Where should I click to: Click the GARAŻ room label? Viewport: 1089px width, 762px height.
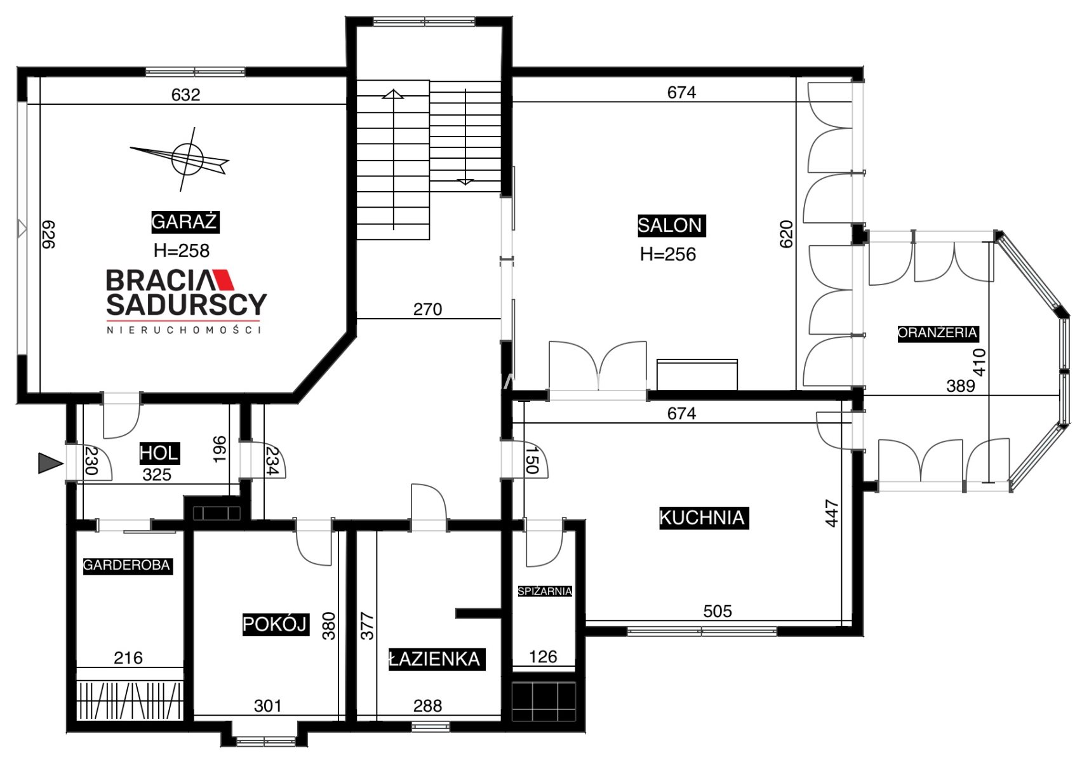click(185, 222)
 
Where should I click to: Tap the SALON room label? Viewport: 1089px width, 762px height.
click(670, 225)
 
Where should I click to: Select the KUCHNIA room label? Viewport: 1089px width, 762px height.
click(702, 518)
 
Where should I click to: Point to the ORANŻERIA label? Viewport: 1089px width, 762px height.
click(937, 333)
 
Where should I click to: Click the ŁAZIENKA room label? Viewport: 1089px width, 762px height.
click(436, 659)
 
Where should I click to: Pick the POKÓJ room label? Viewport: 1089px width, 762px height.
click(275, 624)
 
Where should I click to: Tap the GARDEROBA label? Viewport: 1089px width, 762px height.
click(127, 565)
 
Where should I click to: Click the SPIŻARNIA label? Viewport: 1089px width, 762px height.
click(545, 591)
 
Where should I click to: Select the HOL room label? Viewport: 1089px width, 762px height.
click(159, 453)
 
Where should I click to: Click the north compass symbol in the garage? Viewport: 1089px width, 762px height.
click(184, 159)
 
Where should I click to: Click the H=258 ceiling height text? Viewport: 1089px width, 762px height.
click(182, 251)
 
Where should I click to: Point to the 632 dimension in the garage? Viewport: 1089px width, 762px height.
click(186, 95)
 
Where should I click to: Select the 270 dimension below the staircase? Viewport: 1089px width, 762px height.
click(427, 309)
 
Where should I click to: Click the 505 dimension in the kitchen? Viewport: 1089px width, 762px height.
click(718, 611)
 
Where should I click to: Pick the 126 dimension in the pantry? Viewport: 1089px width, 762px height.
click(543, 657)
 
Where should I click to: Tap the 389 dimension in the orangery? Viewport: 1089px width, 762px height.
click(961, 385)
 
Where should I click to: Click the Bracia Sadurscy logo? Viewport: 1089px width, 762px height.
click(186, 301)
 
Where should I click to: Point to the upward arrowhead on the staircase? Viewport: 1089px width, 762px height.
click(393, 95)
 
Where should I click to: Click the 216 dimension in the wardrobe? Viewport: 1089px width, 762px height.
click(128, 658)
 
